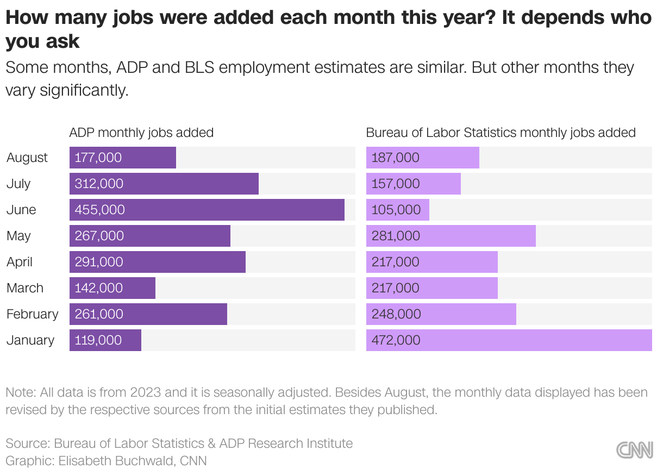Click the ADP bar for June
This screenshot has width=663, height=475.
[x=207, y=210]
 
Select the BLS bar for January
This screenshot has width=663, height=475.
[x=509, y=340]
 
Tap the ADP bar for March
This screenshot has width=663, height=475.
[x=112, y=288]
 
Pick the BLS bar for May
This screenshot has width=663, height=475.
[x=451, y=236]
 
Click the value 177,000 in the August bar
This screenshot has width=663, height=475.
[x=98, y=158]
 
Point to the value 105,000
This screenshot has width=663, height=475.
[x=396, y=210]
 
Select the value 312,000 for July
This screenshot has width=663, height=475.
[x=99, y=184]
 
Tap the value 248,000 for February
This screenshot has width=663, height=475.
[x=396, y=314]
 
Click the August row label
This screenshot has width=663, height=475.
[x=27, y=158]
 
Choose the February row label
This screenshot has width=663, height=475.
[x=32, y=314]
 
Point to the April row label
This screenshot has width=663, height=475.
[x=20, y=262]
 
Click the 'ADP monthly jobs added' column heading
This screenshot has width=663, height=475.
[x=141, y=133]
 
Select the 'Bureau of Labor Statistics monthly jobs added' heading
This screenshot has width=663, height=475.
[x=501, y=133]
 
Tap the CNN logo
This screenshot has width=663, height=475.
[x=634, y=450]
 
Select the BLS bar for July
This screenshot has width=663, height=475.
[x=414, y=184]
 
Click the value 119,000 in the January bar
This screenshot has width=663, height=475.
[x=98, y=340]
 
